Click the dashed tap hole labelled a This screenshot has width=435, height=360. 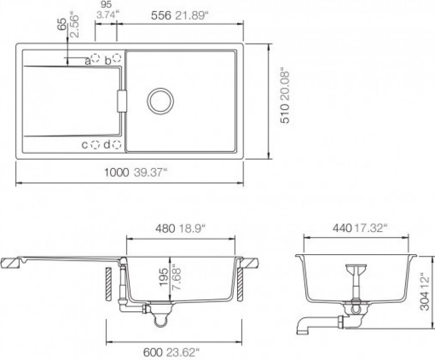coord(96,58)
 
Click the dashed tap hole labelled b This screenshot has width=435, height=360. coord(117,58)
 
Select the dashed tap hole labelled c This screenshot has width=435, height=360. coord(95,145)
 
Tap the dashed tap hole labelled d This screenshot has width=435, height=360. coord(117,145)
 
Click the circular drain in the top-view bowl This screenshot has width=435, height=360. coord(161,101)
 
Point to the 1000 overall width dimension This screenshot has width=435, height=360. coord(116,172)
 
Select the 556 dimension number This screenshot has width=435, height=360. coord(161,16)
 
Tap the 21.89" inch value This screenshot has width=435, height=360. coord(192,16)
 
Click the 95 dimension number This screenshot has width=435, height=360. coord(106,4)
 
